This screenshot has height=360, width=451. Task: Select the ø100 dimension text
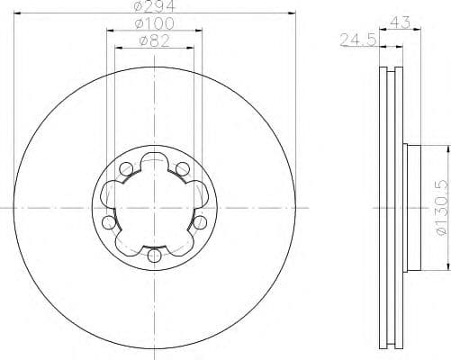pos(154,22)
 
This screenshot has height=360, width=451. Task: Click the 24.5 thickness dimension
pos(356,39)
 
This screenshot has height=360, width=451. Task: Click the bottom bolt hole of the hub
pos(154,256)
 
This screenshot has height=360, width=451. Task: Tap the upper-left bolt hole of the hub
pos(126,167)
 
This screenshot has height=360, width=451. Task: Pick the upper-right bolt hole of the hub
pos(182,167)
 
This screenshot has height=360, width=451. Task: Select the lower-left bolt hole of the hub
pos(109,221)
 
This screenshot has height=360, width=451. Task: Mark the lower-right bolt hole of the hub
pos(199,221)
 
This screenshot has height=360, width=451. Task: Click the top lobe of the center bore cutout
pos(154,170)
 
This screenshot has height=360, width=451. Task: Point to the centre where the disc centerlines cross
pos(154,209)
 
